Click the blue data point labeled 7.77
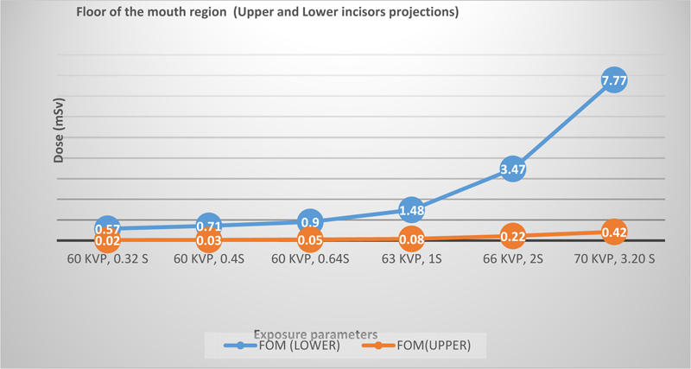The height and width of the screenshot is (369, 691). (613, 81)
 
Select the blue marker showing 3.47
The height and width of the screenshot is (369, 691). (512, 169)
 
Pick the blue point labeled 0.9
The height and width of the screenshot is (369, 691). (310, 221)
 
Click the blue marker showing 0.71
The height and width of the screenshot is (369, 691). (208, 226)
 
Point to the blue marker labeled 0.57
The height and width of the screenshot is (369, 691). (107, 229)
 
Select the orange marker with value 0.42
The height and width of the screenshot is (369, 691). (613, 232)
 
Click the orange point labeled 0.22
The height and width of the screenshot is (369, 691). (512, 236)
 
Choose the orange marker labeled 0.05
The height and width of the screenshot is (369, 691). (310, 239)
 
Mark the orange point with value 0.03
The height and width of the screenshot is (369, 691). (208, 240)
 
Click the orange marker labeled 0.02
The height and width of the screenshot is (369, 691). (107, 240)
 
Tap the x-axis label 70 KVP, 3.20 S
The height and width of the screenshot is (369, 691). (613, 258)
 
